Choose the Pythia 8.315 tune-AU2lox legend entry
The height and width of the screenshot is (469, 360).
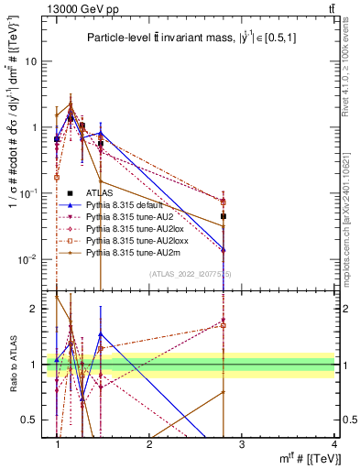pos(127,227)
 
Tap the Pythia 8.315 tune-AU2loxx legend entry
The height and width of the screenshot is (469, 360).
pos(129,238)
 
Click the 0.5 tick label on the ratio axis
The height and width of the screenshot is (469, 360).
pos(34,420)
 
